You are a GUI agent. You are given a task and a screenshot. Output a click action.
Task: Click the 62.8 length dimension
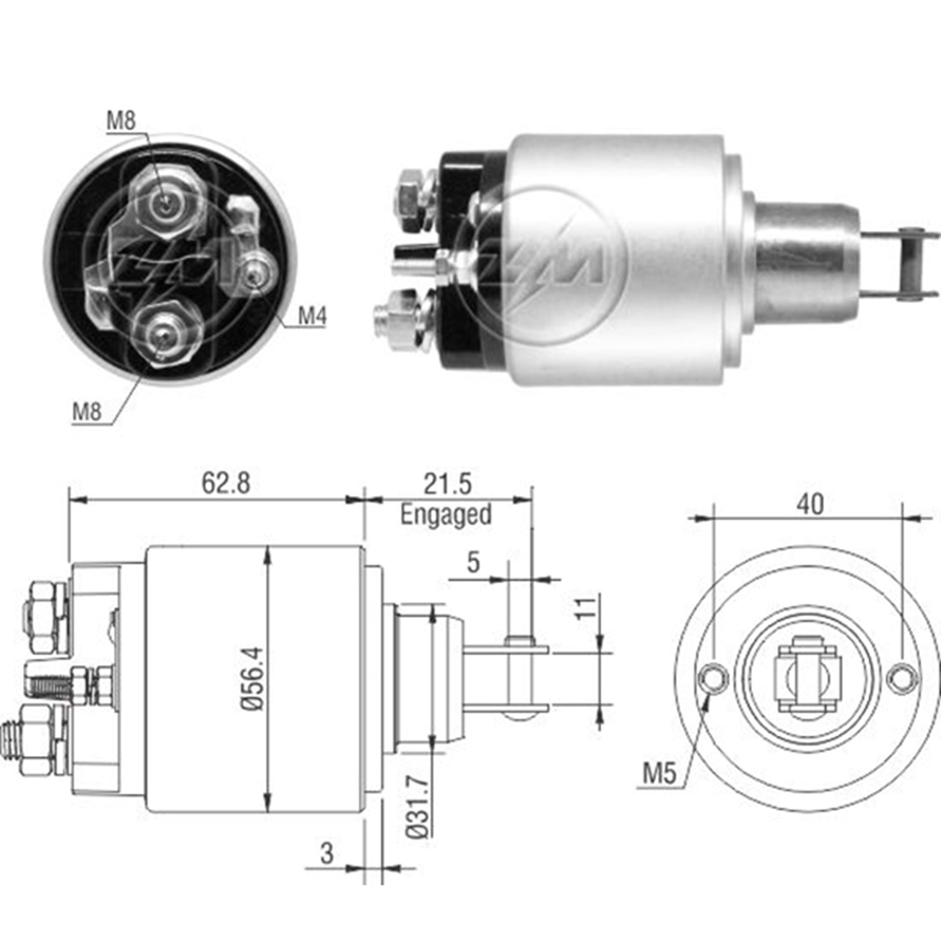point(226,483)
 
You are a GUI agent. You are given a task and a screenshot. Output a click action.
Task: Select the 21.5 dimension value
point(447,484)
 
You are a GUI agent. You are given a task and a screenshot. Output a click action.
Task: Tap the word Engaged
point(446,515)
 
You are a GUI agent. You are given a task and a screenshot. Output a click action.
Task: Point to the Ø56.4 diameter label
point(253,678)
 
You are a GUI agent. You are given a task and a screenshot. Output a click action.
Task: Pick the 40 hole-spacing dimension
point(810,504)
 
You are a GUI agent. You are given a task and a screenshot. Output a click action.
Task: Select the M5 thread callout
point(660,774)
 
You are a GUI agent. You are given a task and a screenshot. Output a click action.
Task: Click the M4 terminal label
point(312,316)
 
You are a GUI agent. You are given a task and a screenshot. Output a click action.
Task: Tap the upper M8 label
point(120,120)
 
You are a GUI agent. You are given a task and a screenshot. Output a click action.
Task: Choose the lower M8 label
point(87,412)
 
